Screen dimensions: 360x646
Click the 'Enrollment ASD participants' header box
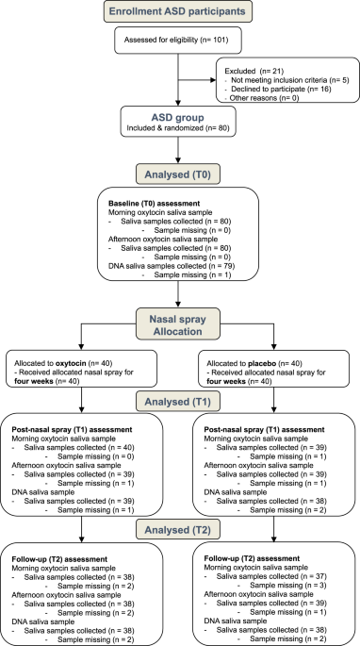coord(178,11)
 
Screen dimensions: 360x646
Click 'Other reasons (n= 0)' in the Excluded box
coord(264,98)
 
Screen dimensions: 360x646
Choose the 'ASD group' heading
coord(178,118)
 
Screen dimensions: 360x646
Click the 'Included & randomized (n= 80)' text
coord(178,128)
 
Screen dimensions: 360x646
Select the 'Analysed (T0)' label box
coord(177,174)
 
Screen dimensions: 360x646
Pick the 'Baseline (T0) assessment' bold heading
coord(154,204)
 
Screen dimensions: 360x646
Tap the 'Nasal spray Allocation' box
coord(178,324)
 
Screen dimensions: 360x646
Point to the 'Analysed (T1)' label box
coord(177,402)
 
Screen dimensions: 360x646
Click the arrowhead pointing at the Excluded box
coord(213,80)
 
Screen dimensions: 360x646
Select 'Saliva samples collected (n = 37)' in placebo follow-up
coord(271,577)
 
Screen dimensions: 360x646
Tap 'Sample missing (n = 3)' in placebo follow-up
coord(288,586)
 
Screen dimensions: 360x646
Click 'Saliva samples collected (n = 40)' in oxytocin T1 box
coord(79,447)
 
